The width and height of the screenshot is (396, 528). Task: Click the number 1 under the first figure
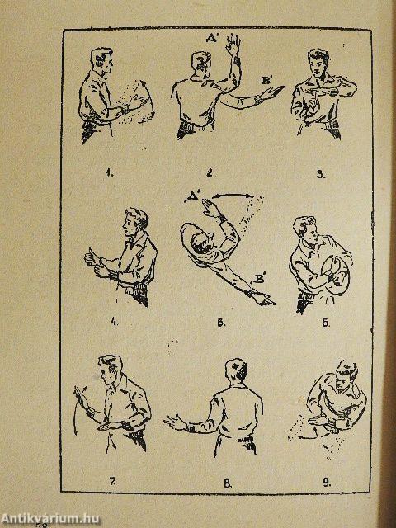pyautogui.click(x=109, y=174)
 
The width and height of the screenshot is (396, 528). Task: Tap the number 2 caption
pyautogui.click(x=210, y=173)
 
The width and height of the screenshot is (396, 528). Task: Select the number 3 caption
pyautogui.click(x=322, y=174)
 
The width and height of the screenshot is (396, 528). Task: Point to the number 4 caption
pyautogui.click(x=114, y=322)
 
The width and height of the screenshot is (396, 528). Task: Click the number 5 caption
pyautogui.click(x=221, y=323)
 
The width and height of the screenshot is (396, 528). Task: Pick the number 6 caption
pyautogui.click(x=326, y=323)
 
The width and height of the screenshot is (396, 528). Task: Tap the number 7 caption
pyautogui.click(x=112, y=482)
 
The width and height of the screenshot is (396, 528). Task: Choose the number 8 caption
pyautogui.click(x=228, y=483)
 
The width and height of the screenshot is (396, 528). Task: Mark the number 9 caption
pyautogui.click(x=327, y=483)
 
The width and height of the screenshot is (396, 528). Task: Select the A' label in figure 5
pyautogui.click(x=192, y=200)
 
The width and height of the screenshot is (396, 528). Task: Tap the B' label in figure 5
pyautogui.click(x=258, y=279)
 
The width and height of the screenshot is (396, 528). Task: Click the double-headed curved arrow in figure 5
pyautogui.click(x=234, y=194)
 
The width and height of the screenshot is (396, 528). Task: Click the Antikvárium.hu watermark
pyautogui.click(x=49, y=518)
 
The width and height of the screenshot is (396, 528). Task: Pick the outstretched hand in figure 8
pyautogui.click(x=174, y=422)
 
